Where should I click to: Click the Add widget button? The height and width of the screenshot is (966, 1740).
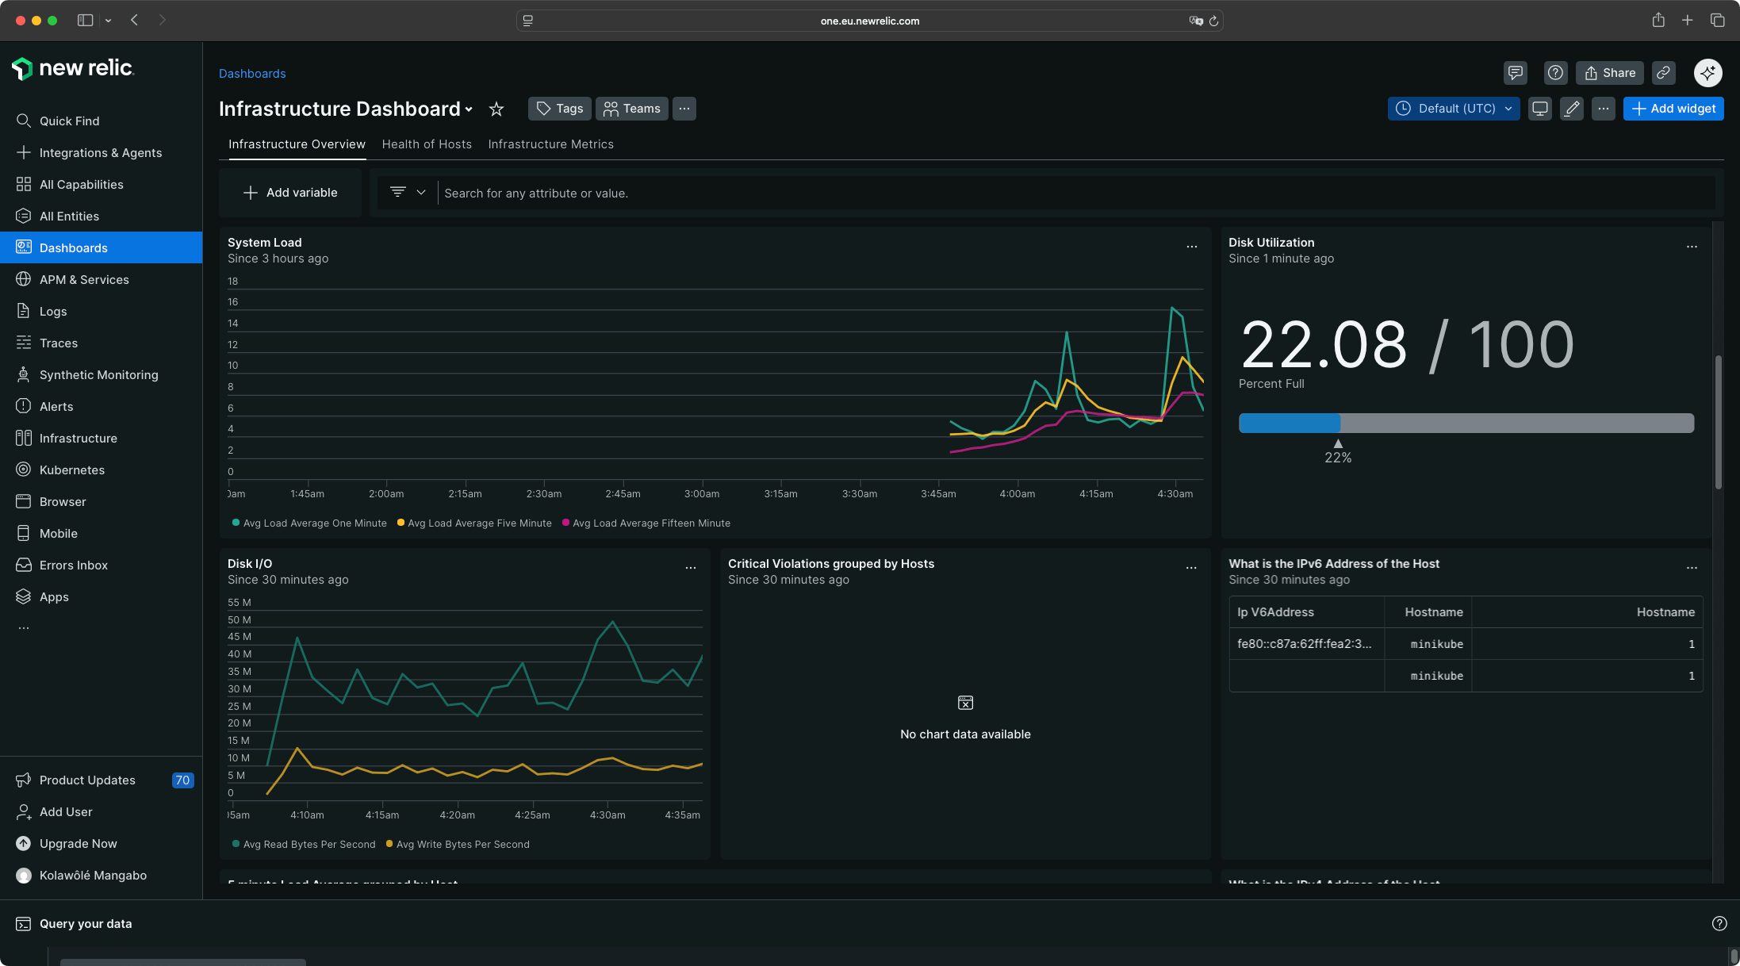click(x=1673, y=109)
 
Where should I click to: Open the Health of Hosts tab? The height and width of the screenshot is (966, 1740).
click(x=427, y=144)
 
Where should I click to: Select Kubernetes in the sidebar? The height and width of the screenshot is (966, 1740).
click(x=72, y=470)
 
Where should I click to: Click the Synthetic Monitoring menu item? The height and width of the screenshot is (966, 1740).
click(x=98, y=374)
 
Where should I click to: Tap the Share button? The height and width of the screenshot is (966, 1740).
click(x=1610, y=73)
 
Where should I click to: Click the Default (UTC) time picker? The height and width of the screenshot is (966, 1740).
click(x=1453, y=109)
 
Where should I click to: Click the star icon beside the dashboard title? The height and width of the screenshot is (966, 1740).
click(x=496, y=109)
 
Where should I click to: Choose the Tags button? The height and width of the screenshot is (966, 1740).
click(x=560, y=109)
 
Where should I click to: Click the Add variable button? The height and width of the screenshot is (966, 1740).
click(x=290, y=193)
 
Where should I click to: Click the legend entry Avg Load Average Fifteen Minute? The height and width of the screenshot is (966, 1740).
click(x=650, y=523)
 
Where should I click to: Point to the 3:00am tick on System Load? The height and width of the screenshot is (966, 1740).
click(x=702, y=493)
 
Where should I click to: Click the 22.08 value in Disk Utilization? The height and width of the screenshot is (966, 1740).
click(x=1323, y=346)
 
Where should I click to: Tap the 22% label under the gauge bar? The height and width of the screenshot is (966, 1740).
click(x=1338, y=458)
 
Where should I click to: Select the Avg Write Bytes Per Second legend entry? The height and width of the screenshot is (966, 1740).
click(x=462, y=845)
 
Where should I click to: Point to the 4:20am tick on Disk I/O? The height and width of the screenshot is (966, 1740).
click(x=458, y=815)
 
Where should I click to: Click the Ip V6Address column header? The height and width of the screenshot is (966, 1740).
click(x=1275, y=612)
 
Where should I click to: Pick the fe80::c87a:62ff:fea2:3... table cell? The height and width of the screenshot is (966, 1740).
click(x=1304, y=644)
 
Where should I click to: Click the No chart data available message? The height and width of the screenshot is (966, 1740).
click(x=965, y=734)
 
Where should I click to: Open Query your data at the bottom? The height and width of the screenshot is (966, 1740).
click(x=86, y=924)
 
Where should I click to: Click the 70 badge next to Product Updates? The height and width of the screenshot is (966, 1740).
click(x=182, y=780)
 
